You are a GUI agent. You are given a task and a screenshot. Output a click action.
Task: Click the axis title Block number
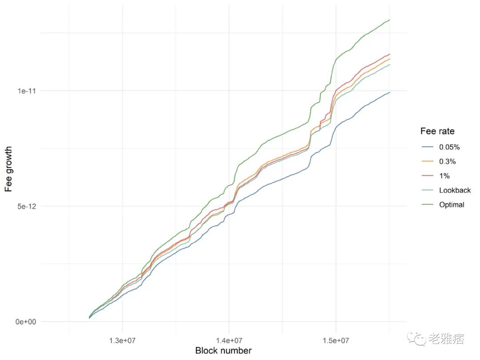coord(223,351)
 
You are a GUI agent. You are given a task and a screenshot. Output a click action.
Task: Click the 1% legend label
coord(445,176)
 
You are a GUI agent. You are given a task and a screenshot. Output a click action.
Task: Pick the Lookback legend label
coord(455,190)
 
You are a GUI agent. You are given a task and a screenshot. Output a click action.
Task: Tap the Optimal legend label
coord(452,205)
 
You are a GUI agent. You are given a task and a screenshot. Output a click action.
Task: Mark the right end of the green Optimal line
coord(390,20)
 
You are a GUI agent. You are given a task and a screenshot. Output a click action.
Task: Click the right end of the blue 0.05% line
coord(390,92)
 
